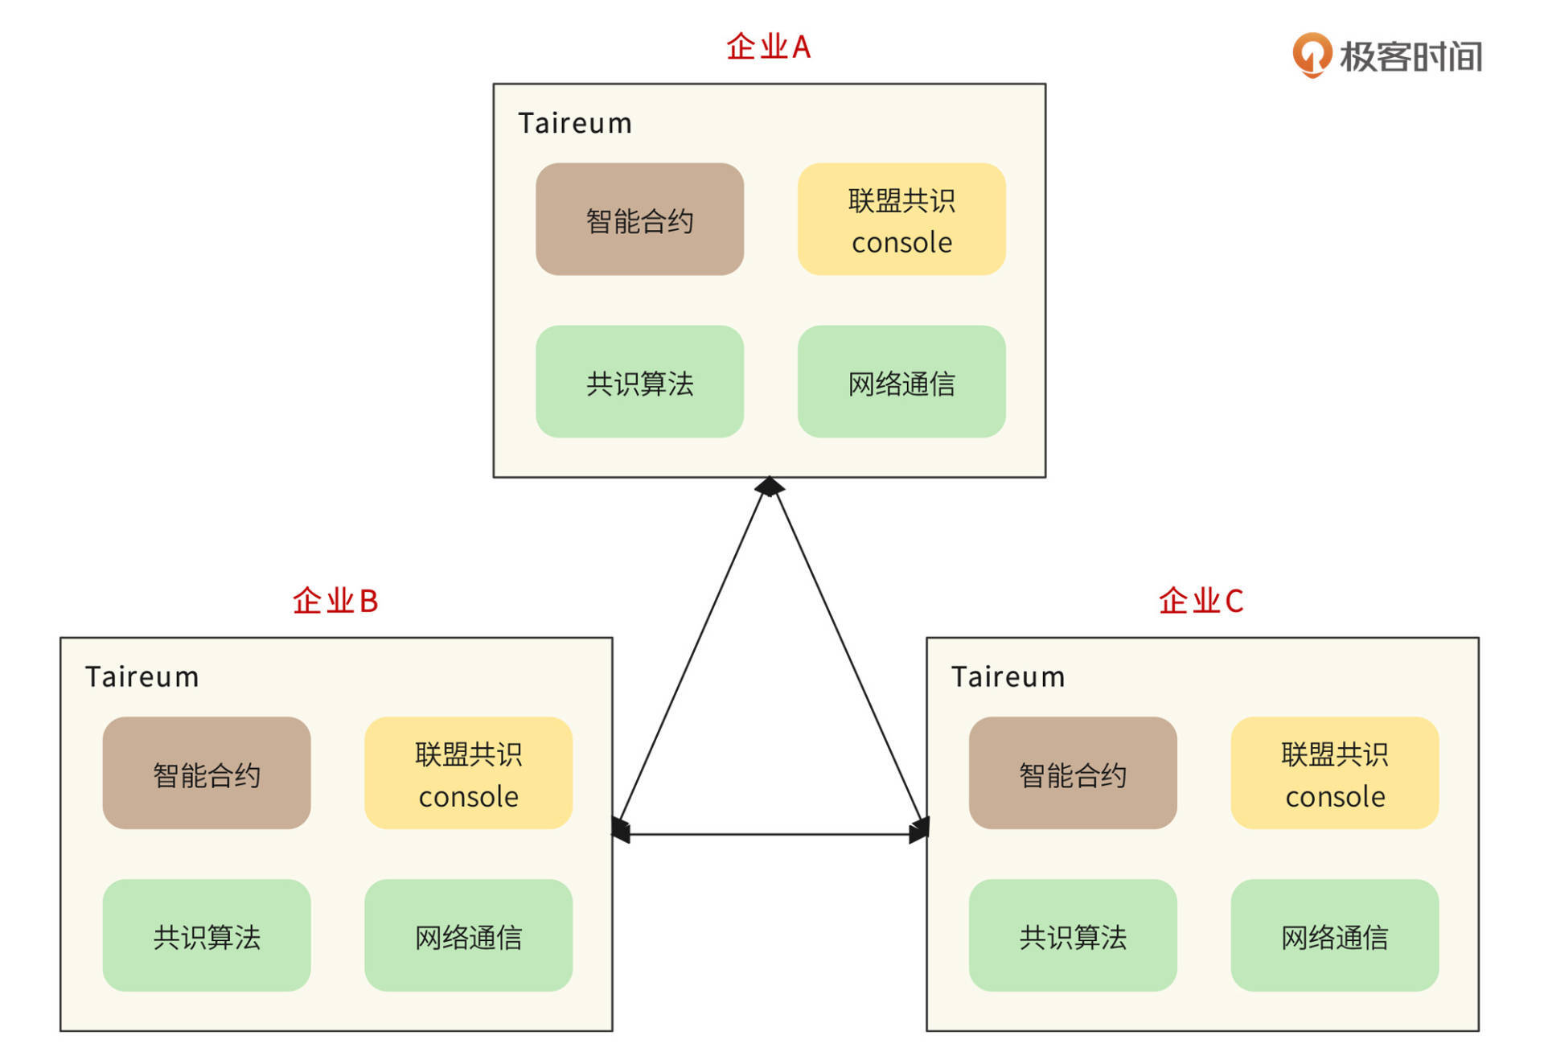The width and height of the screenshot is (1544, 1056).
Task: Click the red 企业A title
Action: [x=768, y=47]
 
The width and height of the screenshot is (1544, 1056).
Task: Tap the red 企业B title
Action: [x=335, y=602]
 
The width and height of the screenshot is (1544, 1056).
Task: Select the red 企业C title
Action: [x=1201, y=602]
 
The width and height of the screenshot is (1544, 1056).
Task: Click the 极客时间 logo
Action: [x=1387, y=56]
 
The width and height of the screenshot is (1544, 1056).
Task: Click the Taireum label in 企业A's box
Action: [x=575, y=124]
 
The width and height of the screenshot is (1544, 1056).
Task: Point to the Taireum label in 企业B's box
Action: [x=142, y=677]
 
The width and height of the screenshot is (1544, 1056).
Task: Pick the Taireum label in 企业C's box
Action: [x=1008, y=677]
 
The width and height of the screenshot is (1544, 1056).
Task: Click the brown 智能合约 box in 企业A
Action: [x=639, y=220]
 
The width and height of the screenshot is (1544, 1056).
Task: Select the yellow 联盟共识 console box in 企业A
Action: [x=901, y=220]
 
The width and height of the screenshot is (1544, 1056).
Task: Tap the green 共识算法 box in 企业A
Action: [x=639, y=382]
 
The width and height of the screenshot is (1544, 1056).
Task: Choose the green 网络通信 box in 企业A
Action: [x=901, y=382]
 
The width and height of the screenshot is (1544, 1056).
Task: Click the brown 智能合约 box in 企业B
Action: [x=207, y=773]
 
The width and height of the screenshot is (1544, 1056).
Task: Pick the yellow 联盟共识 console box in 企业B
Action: [x=468, y=773]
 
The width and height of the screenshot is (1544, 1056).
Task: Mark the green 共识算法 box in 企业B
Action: [x=207, y=935]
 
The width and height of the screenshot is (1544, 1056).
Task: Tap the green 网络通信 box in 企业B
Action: [x=468, y=935]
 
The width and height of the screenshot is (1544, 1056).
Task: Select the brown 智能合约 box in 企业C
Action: [x=1073, y=773]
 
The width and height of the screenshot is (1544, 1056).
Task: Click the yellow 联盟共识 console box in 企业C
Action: [x=1334, y=773]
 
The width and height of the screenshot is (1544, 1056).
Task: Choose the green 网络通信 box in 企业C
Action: [x=1334, y=935]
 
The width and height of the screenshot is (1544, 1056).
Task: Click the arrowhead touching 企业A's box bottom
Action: [x=770, y=487]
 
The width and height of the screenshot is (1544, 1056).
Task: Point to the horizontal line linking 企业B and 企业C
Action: [x=770, y=835]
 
